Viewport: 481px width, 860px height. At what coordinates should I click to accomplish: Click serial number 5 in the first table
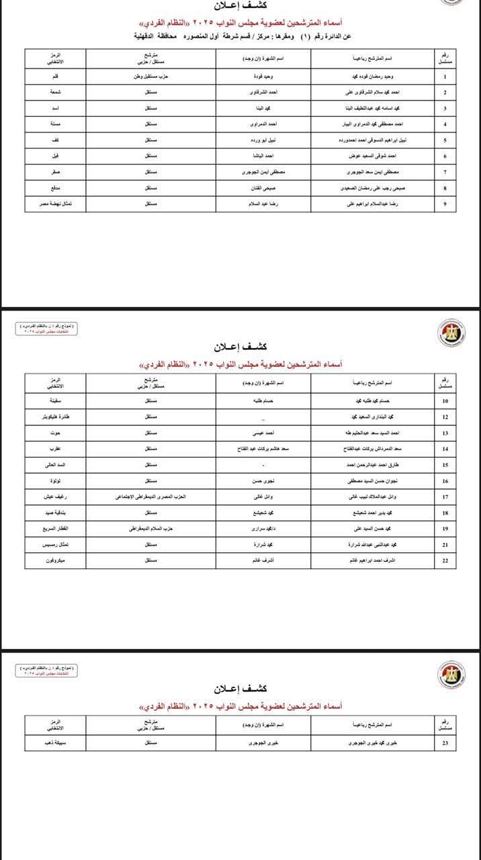(x=445, y=140)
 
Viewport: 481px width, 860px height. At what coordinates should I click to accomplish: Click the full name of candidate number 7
(x=380, y=172)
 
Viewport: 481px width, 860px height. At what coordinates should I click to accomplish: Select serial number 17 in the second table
(x=445, y=497)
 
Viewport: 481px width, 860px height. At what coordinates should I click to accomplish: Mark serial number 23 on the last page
(x=445, y=744)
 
